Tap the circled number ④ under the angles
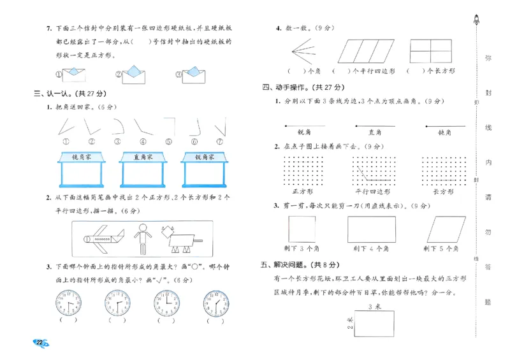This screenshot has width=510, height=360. pos(143,141)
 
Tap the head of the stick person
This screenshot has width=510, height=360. pos(143,226)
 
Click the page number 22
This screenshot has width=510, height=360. pos(40,343)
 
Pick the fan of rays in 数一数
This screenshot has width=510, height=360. pos(303,50)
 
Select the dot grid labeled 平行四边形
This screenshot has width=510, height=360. pos(373,171)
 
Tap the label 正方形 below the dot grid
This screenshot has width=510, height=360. pos(302,191)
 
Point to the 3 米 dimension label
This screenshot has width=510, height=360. pos(375,307)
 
